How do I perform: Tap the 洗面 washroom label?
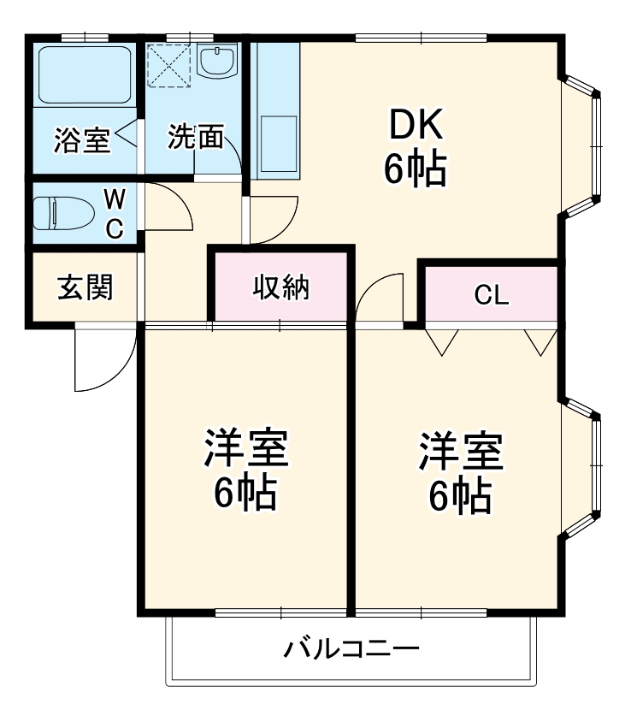[195, 137]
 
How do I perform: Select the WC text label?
[115, 214]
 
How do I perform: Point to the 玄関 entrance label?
[85, 287]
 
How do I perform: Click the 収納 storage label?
[280, 288]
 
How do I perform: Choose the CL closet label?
[492, 295]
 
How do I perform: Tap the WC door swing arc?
[172, 205]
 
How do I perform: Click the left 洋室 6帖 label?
[245, 471]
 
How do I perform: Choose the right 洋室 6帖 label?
[460, 471]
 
